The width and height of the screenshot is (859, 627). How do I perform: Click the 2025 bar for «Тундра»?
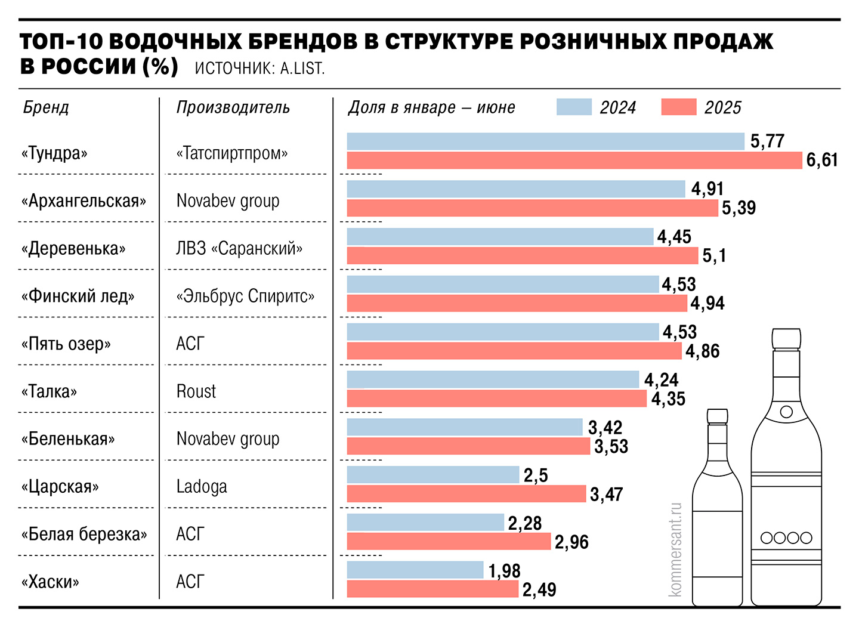pos(574,160)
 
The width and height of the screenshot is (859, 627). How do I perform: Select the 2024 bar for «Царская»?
pos(433,475)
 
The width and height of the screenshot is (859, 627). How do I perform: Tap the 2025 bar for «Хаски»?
pos(432,589)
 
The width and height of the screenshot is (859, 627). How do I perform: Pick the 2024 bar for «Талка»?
pos(493,379)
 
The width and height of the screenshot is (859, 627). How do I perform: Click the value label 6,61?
pos(822,160)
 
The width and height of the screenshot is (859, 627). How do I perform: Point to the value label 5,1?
pos(714,256)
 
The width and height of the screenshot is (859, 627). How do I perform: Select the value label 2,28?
pos(525,523)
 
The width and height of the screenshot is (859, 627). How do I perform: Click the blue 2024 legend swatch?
pos(574,107)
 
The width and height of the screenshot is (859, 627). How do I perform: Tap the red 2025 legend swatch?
pos(679,107)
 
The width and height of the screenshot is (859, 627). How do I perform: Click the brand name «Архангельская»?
pos(84,201)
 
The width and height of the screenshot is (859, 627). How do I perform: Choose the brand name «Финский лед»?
pos(78,296)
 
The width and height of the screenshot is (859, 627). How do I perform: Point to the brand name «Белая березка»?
pos(84,534)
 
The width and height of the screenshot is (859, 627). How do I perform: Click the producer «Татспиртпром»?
pos(232,153)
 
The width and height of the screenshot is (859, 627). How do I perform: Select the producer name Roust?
pos(196,391)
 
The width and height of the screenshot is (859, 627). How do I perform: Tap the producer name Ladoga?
pos(202,487)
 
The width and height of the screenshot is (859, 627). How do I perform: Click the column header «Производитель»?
pos(233,107)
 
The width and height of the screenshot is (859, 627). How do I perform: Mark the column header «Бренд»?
pos(46,107)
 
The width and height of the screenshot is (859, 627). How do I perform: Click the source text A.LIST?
pos(302,69)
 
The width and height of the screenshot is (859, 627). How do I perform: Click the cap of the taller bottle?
pos(786,338)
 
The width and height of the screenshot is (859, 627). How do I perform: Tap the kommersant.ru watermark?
pos(675,549)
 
